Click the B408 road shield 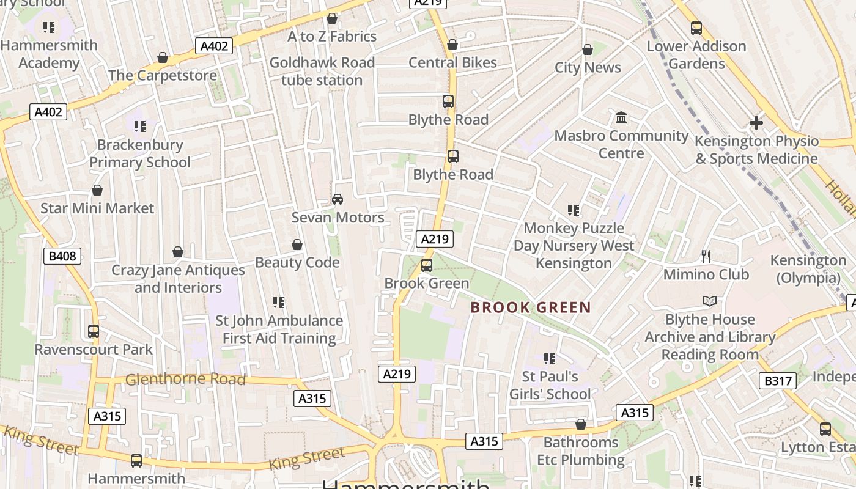click(x=62, y=256)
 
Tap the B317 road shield click(x=778, y=381)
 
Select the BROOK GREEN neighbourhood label click(x=531, y=307)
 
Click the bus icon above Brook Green click(x=427, y=265)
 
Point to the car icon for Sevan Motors click(x=337, y=199)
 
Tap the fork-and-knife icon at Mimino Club click(x=706, y=257)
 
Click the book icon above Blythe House click(x=709, y=301)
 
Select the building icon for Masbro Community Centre click(x=621, y=117)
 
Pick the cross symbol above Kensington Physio click(x=756, y=123)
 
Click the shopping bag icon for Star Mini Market click(x=97, y=191)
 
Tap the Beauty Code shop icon click(x=297, y=244)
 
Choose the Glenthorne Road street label click(x=185, y=380)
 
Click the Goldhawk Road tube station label click(x=322, y=71)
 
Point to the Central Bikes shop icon click(x=452, y=45)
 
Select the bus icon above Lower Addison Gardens click(x=696, y=28)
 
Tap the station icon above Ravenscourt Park click(x=94, y=331)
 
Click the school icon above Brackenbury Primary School click(x=140, y=127)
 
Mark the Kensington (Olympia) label click(x=808, y=269)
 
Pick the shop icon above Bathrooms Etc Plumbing click(x=581, y=424)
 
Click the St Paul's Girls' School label click(x=550, y=385)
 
